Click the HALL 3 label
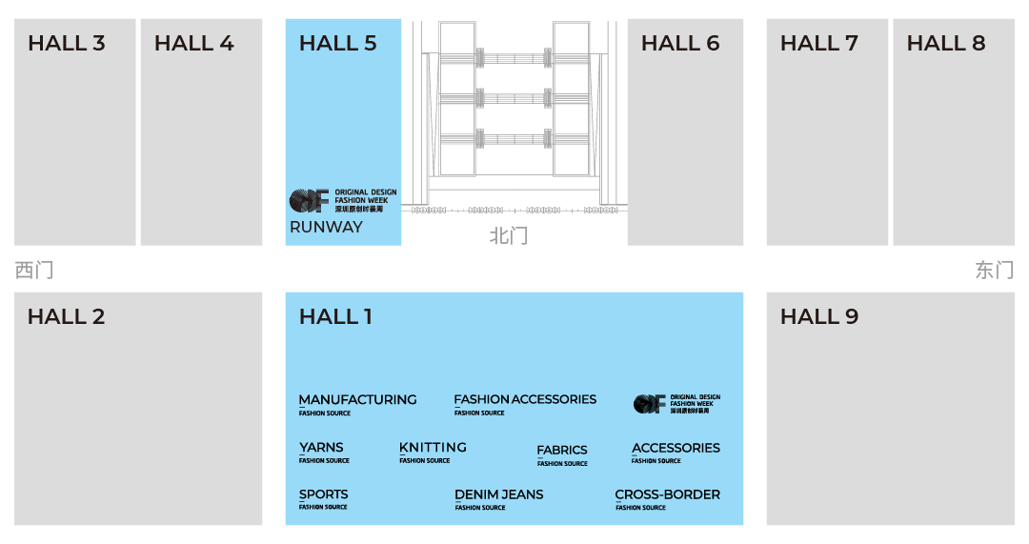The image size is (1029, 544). click(67, 43)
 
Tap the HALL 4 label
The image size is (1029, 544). click(193, 43)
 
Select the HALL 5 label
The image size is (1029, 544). click(338, 43)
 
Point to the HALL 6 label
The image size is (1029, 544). click(680, 43)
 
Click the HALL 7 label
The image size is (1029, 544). click(819, 43)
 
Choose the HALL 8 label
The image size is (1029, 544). click(946, 43)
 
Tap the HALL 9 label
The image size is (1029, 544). click(819, 316)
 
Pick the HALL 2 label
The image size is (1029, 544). click(67, 316)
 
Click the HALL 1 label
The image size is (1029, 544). click(335, 316)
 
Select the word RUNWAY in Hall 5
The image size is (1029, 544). click(326, 227)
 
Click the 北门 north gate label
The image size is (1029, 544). click(508, 235)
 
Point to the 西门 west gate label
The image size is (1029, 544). click(33, 271)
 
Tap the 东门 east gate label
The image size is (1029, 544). click(994, 271)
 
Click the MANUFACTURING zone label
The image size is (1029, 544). click(357, 400)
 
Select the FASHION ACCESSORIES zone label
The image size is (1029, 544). click(525, 400)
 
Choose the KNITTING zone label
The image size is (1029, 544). click(433, 448)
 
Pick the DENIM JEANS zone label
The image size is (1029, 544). click(499, 494)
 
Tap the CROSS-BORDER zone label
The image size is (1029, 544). click(667, 494)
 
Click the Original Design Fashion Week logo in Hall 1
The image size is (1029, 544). click(676, 404)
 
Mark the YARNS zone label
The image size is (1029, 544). click(321, 448)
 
